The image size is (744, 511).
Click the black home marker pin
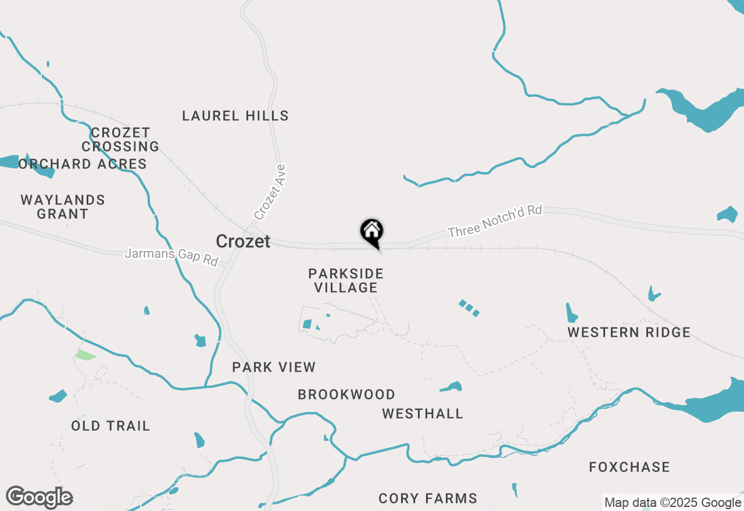click(x=372, y=232)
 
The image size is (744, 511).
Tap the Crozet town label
click(x=243, y=241)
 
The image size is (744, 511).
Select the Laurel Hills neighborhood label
click(x=235, y=116)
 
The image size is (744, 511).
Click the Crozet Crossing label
click(x=120, y=139)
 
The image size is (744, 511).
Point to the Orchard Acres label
click(x=83, y=164)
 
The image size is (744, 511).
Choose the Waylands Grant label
click(x=63, y=207)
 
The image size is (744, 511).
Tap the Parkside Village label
click(x=346, y=280)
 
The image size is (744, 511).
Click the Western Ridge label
click(x=629, y=332)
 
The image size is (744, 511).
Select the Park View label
click(x=274, y=367)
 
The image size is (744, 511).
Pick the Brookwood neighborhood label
click(x=346, y=394)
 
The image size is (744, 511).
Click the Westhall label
click(x=423, y=413)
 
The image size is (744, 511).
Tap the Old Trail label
click(x=110, y=426)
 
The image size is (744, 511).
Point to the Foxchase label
click(x=629, y=467)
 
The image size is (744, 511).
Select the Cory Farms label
click(x=428, y=498)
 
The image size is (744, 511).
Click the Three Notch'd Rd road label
click(x=495, y=221)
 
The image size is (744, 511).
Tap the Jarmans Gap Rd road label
click(x=171, y=257)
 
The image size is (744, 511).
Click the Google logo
click(x=39, y=497)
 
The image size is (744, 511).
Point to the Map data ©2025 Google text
click(x=673, y=503)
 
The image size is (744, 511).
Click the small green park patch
click(x=85, y=355)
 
